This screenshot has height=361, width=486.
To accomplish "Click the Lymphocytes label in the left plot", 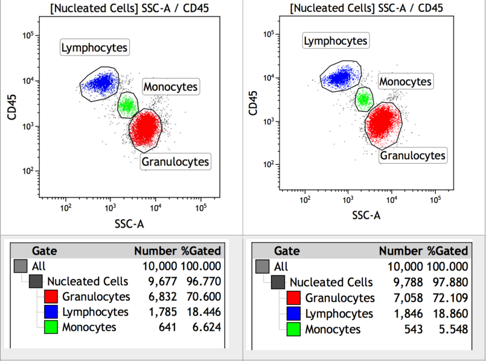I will [96, 47].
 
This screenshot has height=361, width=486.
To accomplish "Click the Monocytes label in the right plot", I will [406, 81].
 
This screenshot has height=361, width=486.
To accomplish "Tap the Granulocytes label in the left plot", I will [175, 161].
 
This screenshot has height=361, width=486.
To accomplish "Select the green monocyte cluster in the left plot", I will [126, 106].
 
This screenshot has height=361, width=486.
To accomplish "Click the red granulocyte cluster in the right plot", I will [383, 123].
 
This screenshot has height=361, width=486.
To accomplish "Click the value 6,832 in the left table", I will [159, 296].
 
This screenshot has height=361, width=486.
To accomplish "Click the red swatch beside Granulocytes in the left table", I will [51, 296].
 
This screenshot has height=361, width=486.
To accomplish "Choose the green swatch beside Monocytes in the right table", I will [293, 329].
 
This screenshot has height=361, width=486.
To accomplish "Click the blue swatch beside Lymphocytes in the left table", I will [51, 312].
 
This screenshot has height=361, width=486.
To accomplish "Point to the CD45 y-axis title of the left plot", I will [12, 103].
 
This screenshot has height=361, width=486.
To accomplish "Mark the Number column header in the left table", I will [155, 251].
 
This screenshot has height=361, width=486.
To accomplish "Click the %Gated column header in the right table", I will [447, 251].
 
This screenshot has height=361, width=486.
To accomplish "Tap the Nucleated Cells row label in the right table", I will [330, 282].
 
